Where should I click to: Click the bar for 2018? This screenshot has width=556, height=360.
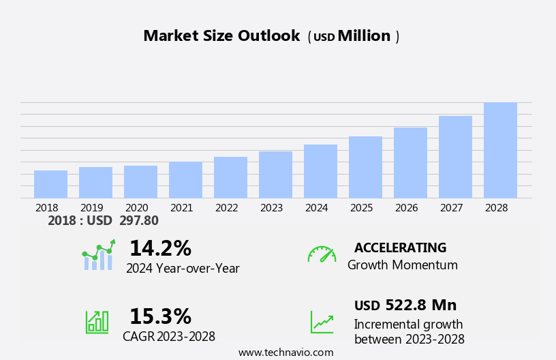click(50, 184)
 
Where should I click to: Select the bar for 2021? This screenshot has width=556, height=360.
click(185, 180)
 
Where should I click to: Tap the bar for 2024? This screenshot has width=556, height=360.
click(320, 171)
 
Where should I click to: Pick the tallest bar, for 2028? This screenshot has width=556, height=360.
click(500, 150)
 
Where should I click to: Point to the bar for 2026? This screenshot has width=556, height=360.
click(410, 163)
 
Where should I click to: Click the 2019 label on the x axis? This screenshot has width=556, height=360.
click(92, 207)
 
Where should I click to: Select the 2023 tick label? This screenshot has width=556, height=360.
click(271, 207)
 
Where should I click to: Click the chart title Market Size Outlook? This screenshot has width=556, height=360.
click(221, 36)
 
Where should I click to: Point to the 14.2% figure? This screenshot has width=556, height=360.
click(160, 248)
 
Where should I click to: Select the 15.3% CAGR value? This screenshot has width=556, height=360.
click(160, 316)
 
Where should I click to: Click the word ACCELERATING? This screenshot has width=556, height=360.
click(400, 247)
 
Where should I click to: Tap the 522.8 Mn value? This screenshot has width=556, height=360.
click(420, 305)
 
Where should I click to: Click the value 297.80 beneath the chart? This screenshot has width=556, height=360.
click(138, 220)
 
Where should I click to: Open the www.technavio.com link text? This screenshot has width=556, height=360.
click(285, 352)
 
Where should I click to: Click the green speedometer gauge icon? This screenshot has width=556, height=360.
click(322, 254)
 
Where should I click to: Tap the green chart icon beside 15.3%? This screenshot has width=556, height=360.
click(97, 321)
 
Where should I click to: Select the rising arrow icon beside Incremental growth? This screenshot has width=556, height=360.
click(322, 322)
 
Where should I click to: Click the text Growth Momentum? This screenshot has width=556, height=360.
click(402, 265)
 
